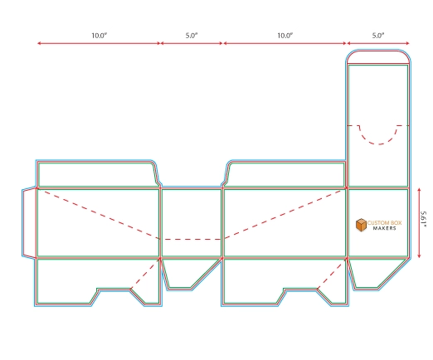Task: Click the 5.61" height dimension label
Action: click(423, 219)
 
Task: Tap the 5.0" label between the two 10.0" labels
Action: click(192, 36)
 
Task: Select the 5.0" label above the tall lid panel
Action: click(378, 36)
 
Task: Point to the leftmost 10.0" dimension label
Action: click(100, 36)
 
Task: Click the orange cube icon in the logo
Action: click(361, 225)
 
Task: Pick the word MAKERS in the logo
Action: click(385, 228)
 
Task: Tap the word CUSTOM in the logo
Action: click(377, 222)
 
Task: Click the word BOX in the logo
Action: click(396, 222)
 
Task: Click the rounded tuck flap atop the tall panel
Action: click(378, 57)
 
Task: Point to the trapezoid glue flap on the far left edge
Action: click(29, 223)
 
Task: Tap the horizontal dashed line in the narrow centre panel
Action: click(192, 239)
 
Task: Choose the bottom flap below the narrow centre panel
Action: click(188, 274)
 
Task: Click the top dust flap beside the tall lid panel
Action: click(285, 175)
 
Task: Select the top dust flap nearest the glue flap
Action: click(97, 175)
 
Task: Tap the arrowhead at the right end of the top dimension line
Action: click(407, 43)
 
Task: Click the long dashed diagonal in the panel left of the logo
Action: click(285, 213)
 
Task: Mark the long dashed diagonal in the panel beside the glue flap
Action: click(99, 213)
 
